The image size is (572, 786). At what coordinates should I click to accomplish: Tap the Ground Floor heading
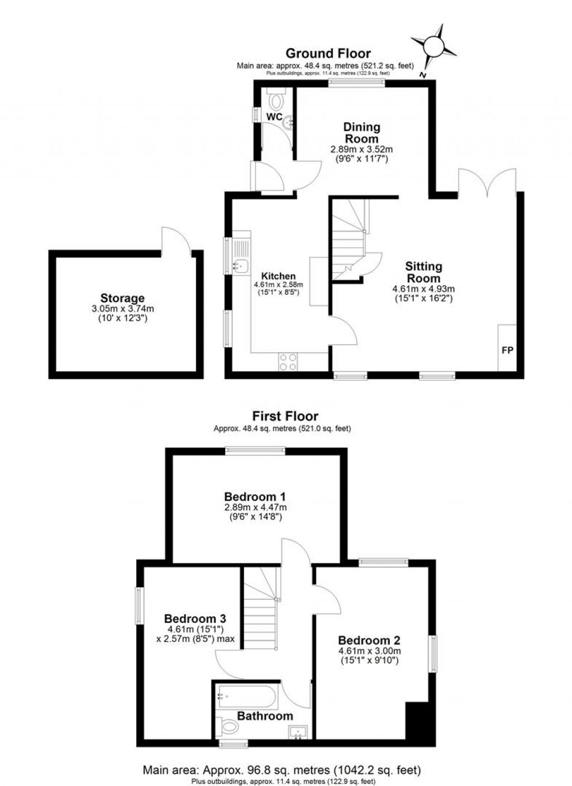point(328,54)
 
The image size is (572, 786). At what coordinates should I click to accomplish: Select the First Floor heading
point(285,416)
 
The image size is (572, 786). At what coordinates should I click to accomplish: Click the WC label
point(274,117)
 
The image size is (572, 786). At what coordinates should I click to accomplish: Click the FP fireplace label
point(507,351)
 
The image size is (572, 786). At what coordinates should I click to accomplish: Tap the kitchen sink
point(241,266)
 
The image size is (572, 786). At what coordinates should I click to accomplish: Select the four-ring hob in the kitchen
point(288,362)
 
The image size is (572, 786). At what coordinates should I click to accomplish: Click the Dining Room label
point(361,133)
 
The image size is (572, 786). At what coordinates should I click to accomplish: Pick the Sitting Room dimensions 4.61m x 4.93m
point(423,289)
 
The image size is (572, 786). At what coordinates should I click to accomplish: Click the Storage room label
point(122,298)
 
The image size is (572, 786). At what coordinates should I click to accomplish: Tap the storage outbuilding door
point(175,240)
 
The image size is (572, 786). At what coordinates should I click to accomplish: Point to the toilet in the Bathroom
point(228,726)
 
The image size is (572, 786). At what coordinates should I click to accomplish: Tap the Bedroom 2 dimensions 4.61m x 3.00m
point(369,651)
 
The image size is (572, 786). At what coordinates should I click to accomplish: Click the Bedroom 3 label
point(195,619)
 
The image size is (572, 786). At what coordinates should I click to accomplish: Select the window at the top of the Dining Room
point(356,83)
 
